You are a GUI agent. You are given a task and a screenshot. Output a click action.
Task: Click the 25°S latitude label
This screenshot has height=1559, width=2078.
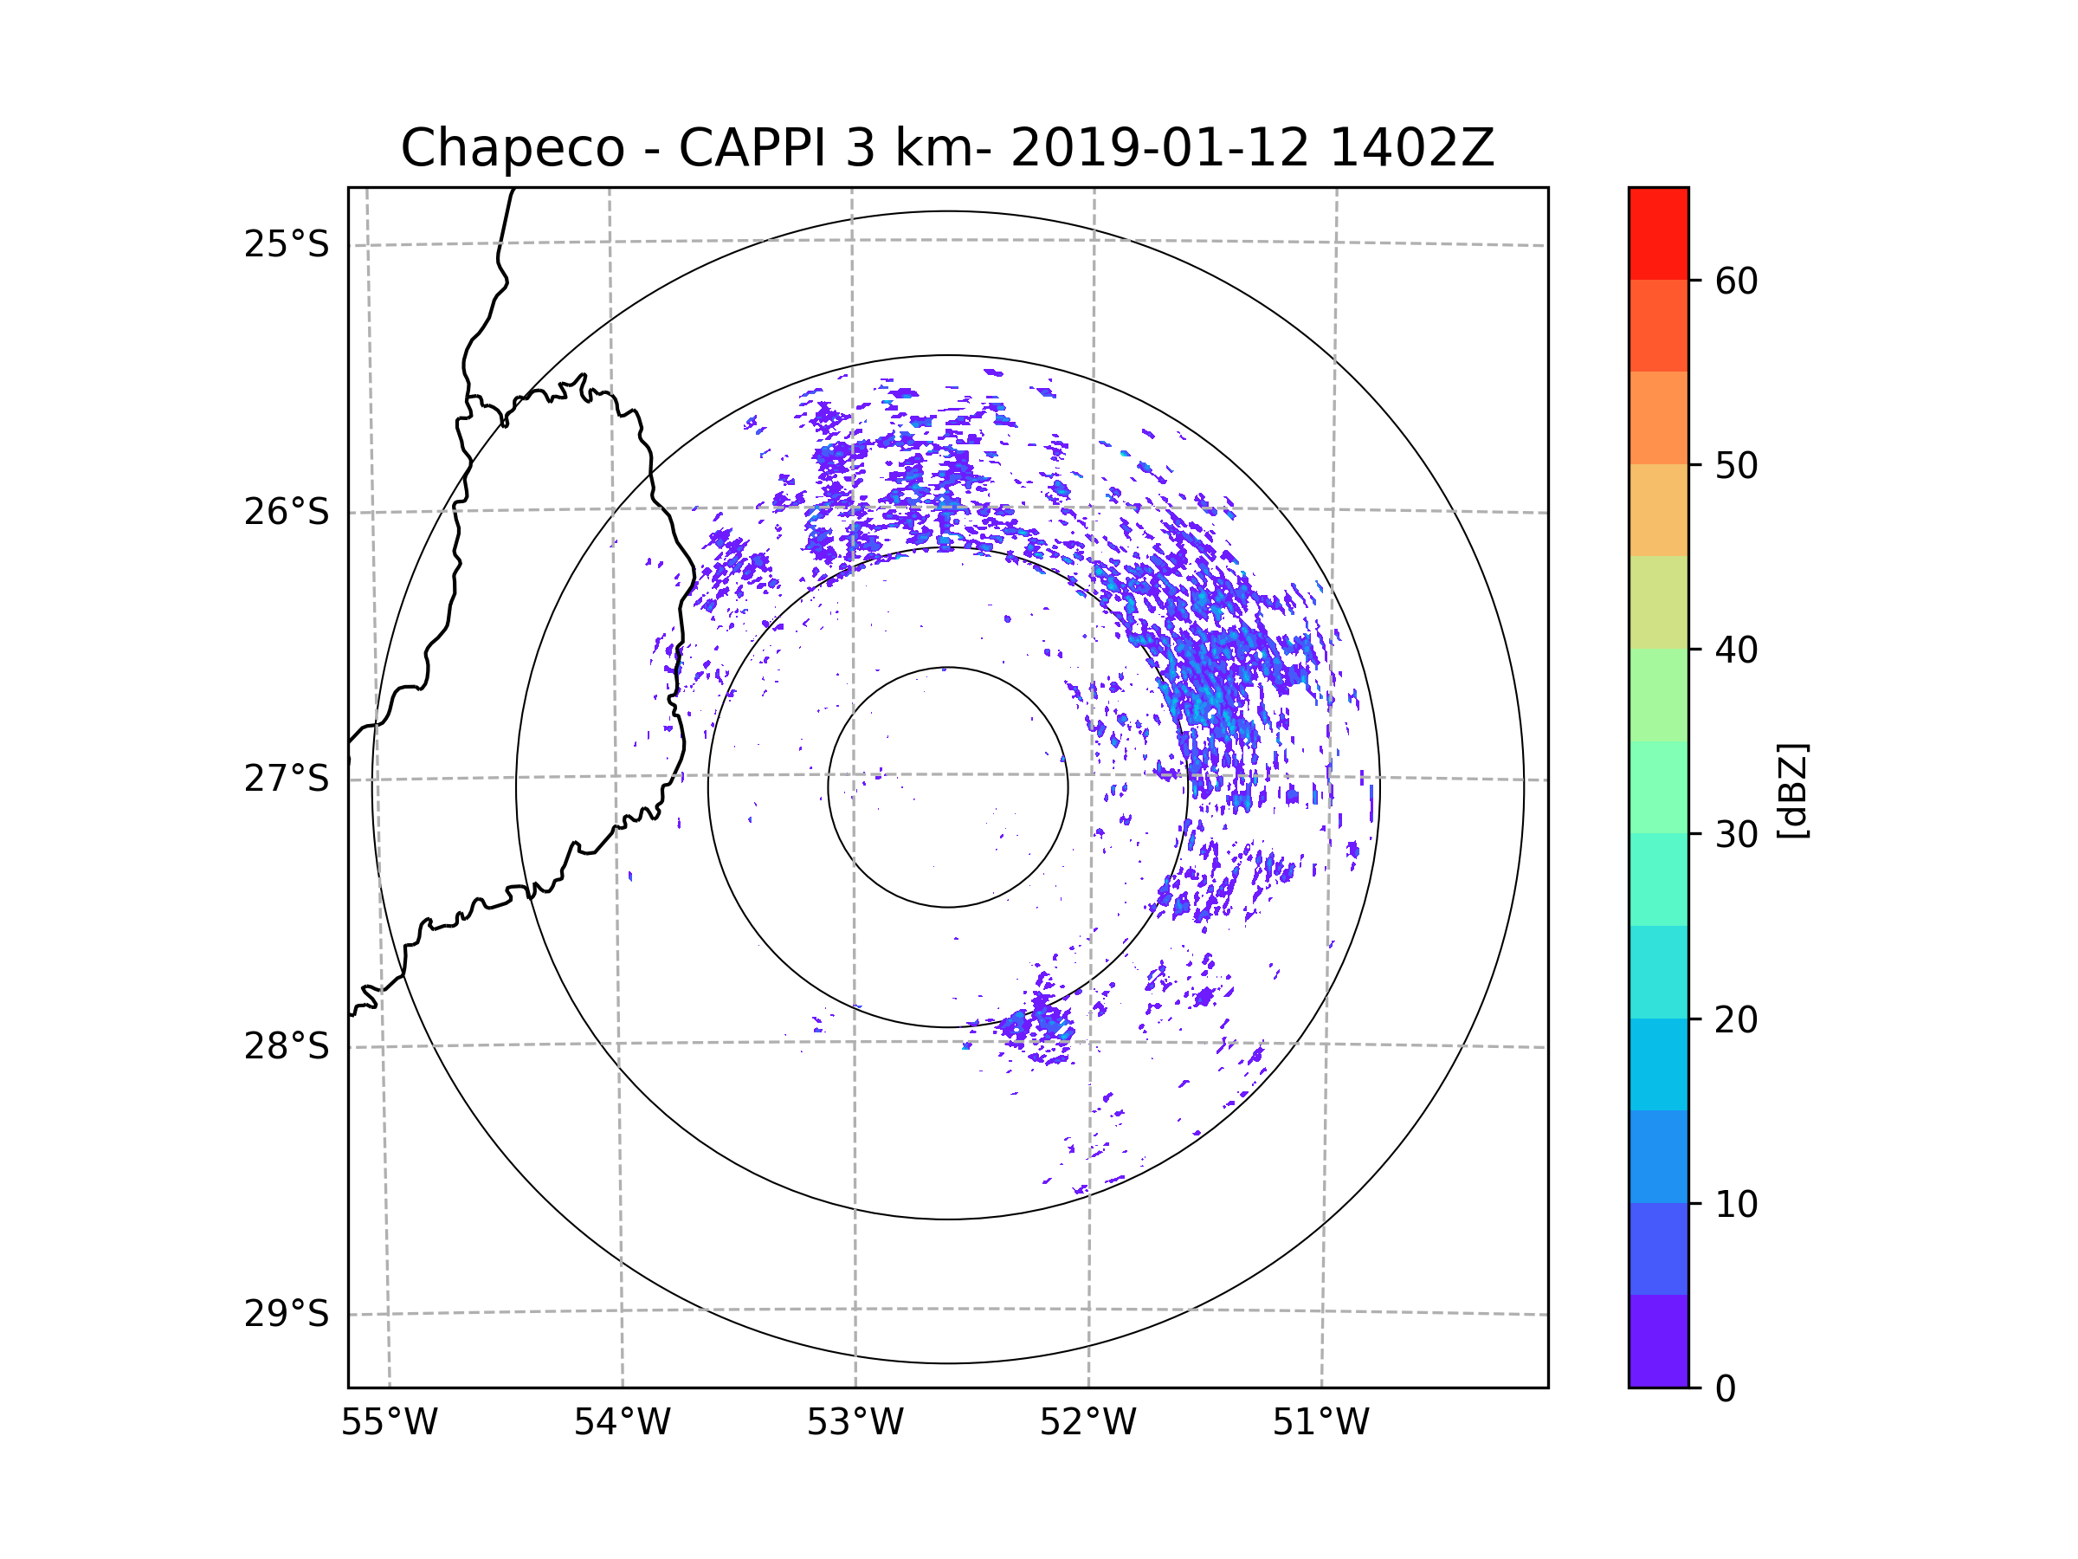(287, 244)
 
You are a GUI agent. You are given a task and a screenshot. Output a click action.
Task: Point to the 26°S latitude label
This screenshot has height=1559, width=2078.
(287, 512)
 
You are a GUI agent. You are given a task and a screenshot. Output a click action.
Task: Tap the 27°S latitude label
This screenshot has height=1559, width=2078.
(287, 779)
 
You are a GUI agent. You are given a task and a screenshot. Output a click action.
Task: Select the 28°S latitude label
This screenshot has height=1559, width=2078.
(287, 1046)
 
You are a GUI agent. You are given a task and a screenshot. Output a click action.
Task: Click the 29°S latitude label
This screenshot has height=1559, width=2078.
(287, 1314)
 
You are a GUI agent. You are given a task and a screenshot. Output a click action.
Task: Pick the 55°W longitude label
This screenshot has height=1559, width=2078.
(389, 1423)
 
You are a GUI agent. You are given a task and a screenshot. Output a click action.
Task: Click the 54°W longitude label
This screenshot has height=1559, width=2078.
(622, 1423)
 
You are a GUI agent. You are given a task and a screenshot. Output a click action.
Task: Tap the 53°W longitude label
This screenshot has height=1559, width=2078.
(855, 1423)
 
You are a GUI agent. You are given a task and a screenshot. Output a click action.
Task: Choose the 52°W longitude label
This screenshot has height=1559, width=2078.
(1087, 1423)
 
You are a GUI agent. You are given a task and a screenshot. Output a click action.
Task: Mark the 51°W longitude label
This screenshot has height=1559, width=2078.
(1320, 1423)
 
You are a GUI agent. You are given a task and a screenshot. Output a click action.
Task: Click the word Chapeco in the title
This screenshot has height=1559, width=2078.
(512, 148)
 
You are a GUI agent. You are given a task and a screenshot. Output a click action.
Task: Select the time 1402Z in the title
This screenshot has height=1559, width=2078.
(1411, 148)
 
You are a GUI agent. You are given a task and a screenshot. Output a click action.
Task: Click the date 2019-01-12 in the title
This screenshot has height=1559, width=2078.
(1159, 148)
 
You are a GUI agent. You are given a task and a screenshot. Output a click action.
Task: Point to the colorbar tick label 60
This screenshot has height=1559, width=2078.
(1736, 281)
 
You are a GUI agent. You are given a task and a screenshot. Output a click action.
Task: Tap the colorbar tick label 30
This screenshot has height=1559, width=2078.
(1736, 834)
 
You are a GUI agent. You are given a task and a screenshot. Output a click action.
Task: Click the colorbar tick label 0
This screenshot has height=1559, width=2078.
(1726, 1389)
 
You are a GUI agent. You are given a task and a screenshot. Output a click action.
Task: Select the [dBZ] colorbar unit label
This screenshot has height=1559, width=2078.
(1792, 792)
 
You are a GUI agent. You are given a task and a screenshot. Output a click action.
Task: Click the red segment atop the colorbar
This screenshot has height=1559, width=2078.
(1658, 233)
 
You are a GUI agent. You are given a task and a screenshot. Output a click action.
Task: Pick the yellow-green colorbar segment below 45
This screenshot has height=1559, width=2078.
(1658, 602)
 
